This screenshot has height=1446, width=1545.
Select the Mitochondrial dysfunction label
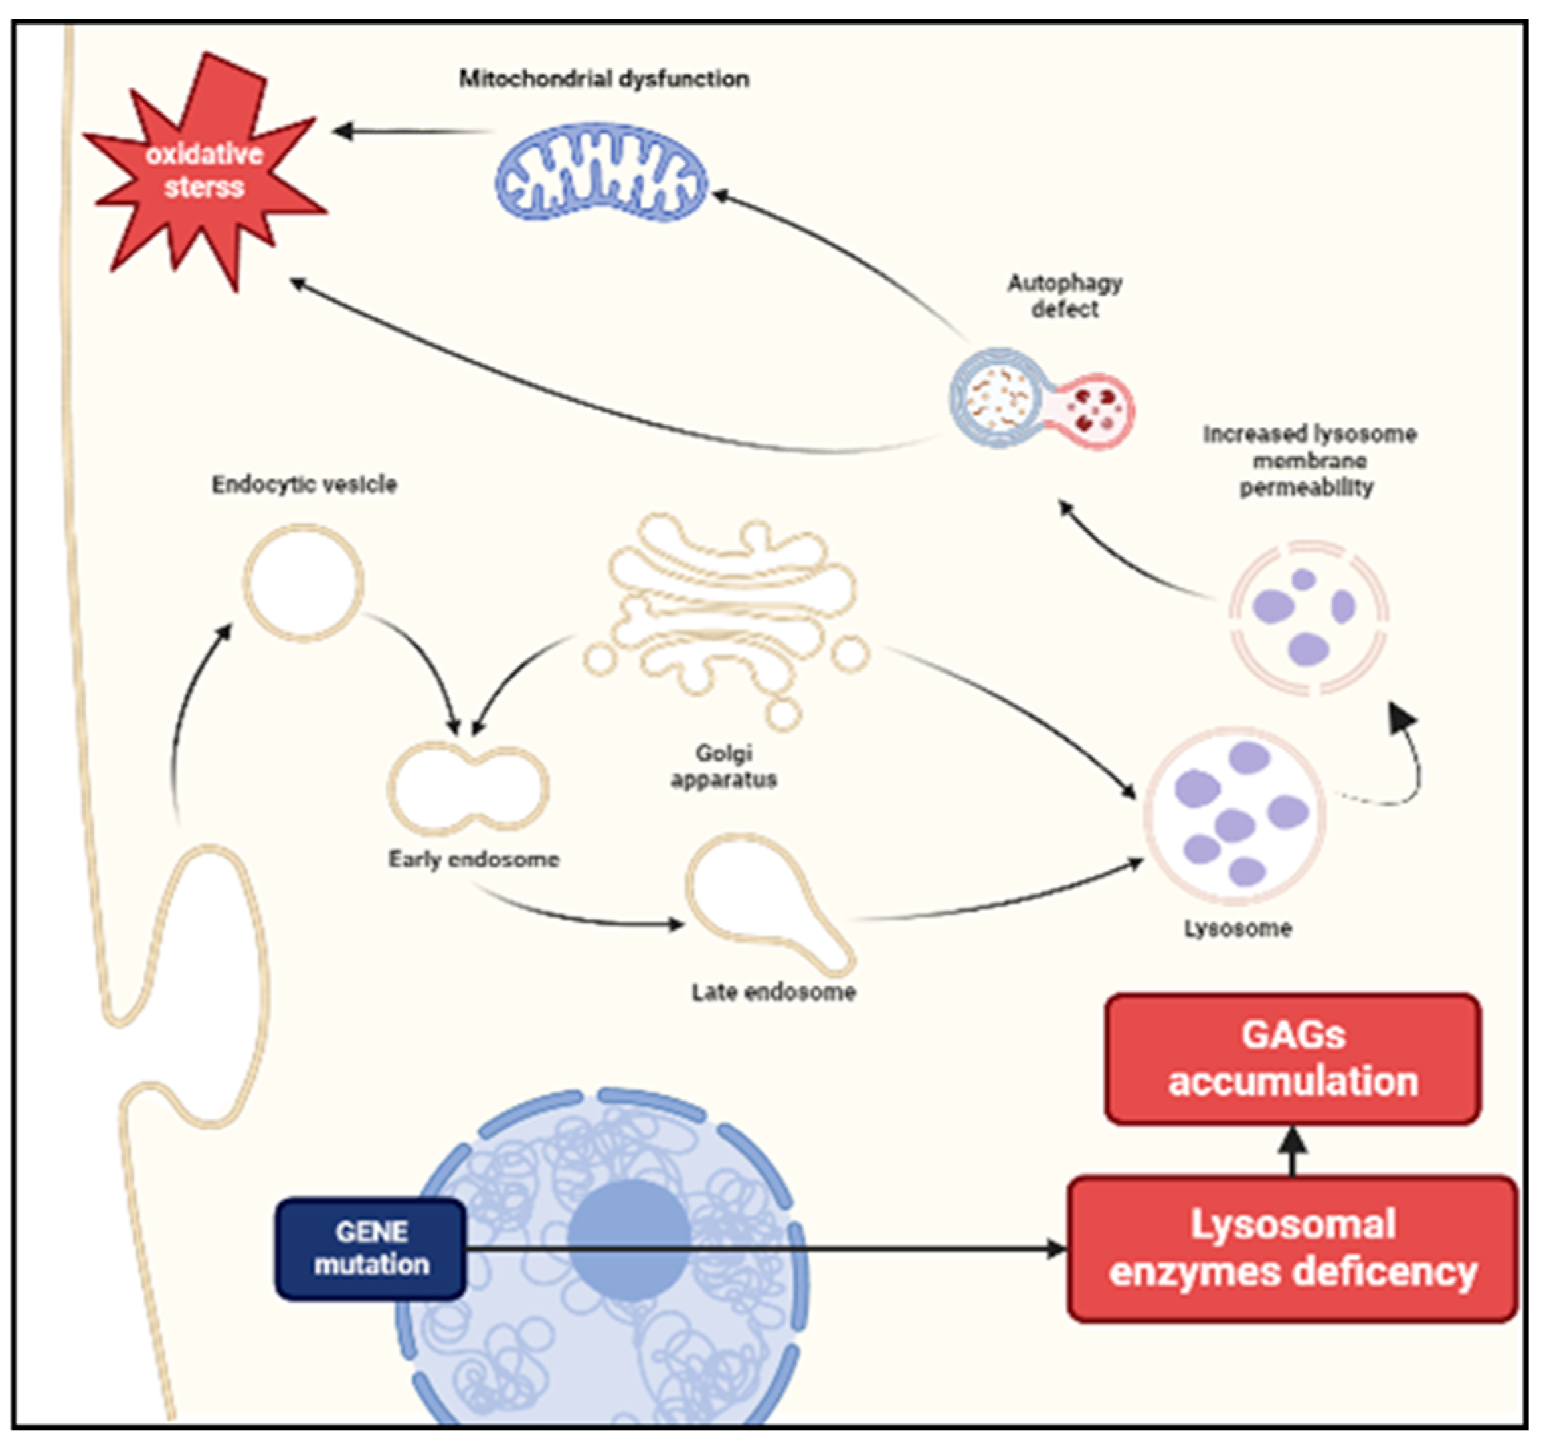(x=604, y=78)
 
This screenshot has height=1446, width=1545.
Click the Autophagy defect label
(x=1065, y=296)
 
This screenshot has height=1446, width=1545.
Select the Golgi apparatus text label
(x=723, y=765)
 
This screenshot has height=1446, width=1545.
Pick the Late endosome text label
(x=774, y=992)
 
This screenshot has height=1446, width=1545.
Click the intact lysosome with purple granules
(x=1234, y=816)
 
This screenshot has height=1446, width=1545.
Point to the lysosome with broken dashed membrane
(x=1309, y=618)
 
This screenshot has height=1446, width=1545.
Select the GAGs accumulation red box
(x=1293, y=1058)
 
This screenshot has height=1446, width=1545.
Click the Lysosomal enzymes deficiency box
(x=1293, y=1249)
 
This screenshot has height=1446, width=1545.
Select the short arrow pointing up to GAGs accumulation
(x=1293, y=1150)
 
